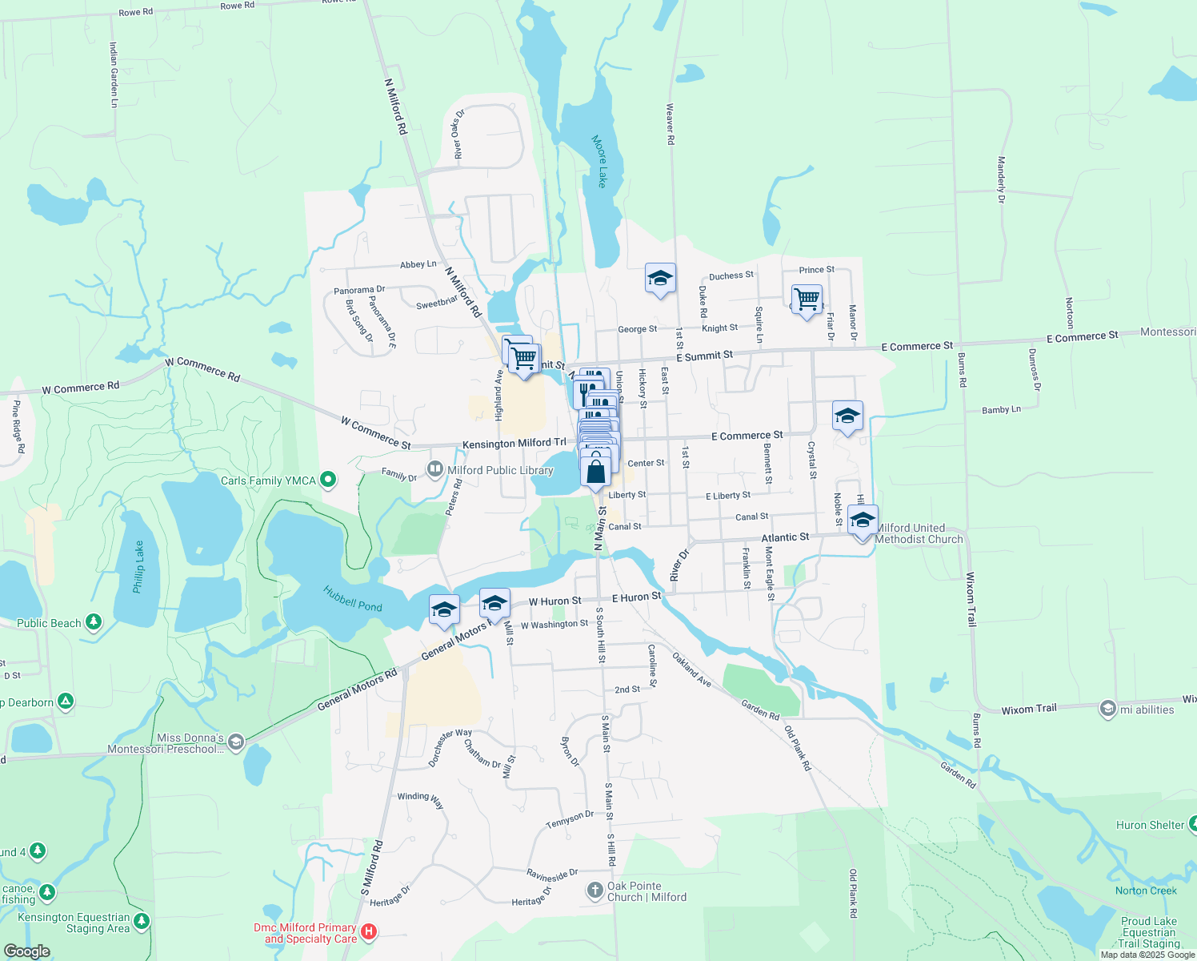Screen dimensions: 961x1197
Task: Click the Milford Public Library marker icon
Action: click(x=435, y=469)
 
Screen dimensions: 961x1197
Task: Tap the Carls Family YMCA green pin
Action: click(x=327, y=480)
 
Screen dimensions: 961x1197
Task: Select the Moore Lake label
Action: click(x=599, y=161)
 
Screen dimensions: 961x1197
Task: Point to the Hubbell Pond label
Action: click(x=353, y=598)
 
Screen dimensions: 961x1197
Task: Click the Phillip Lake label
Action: click(x=138, y=566)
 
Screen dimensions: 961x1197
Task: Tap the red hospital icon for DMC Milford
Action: click(x=369, y=931)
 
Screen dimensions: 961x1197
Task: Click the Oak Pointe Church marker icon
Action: click(x=594, y=891)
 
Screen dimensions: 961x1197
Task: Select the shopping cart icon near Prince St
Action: click(x=807, y=300)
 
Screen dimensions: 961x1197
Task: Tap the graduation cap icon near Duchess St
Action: click(x=660, y=278)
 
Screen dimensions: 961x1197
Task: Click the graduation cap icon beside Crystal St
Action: click(x=847, y=416)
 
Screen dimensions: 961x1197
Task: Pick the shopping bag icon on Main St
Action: click(x=596, y=472)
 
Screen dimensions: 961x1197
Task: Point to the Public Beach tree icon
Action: click(x=94, y=621)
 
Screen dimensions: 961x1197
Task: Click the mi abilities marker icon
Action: click(x=1107, y=709)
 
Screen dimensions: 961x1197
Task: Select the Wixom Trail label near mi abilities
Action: click(x=1029, y=709)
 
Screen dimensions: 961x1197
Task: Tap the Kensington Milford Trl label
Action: click(x=514, y=444)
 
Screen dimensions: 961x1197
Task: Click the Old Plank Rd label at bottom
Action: click(x=854, y=893)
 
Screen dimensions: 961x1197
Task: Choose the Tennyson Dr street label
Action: click(x=570, y=819)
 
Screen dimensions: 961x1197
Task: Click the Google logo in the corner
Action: click(x=26, y=951)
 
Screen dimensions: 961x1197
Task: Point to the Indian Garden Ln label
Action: click(x=114, y=75)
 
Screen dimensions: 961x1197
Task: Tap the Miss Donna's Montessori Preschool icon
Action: click(x=235, y=743)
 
